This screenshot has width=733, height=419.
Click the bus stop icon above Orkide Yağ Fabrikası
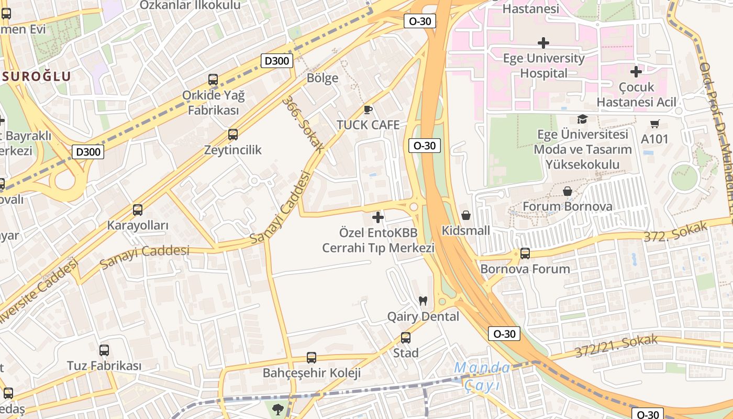pyautogui.click(x=213, y=80)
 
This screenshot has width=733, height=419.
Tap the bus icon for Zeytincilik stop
pyautogui.click(x=233, y=135)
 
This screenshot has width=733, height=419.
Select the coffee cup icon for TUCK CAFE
pyautogui.click(x=368, y=109)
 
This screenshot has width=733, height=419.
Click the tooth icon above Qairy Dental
pyautogui.click(x=423, y=301)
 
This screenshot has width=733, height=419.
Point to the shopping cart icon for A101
pyautogui.click(x=654, y=124)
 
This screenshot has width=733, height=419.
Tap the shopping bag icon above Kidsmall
pyautogui.click(x=465, y=215)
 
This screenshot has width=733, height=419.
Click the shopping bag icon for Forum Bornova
pyautogui.click(x=567, y=191)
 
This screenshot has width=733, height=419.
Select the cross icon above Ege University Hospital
pyautogui.click(x=543, y=42)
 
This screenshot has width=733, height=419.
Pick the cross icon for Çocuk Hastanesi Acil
pyautogui.click(x=636, y=71)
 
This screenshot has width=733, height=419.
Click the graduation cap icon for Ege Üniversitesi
pyautogui.click(x=582, y=119)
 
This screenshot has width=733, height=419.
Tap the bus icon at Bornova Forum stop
pyautogui.click(x=525, y=253)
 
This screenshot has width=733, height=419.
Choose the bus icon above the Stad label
pyautogui.click(x=406, y=338)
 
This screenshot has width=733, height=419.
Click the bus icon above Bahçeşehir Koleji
pyautogui.click(x=312, y=358)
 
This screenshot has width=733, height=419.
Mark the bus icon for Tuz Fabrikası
pyautogui.click(x=104, y=350)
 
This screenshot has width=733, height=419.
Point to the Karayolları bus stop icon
pyautogui.click(x=138, y=210)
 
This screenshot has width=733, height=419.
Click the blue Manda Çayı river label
pyautogui.click(x=482, y=376)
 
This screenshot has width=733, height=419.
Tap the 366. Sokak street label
pyautogui.click(x=303, y=124)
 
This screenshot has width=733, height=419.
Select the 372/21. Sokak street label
pyautogui.click(x=615, y=345)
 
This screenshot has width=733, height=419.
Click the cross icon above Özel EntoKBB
pyautogui.click(x=377, y=217)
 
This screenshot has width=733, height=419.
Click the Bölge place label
pyautogui.click(x=322, y=78)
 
